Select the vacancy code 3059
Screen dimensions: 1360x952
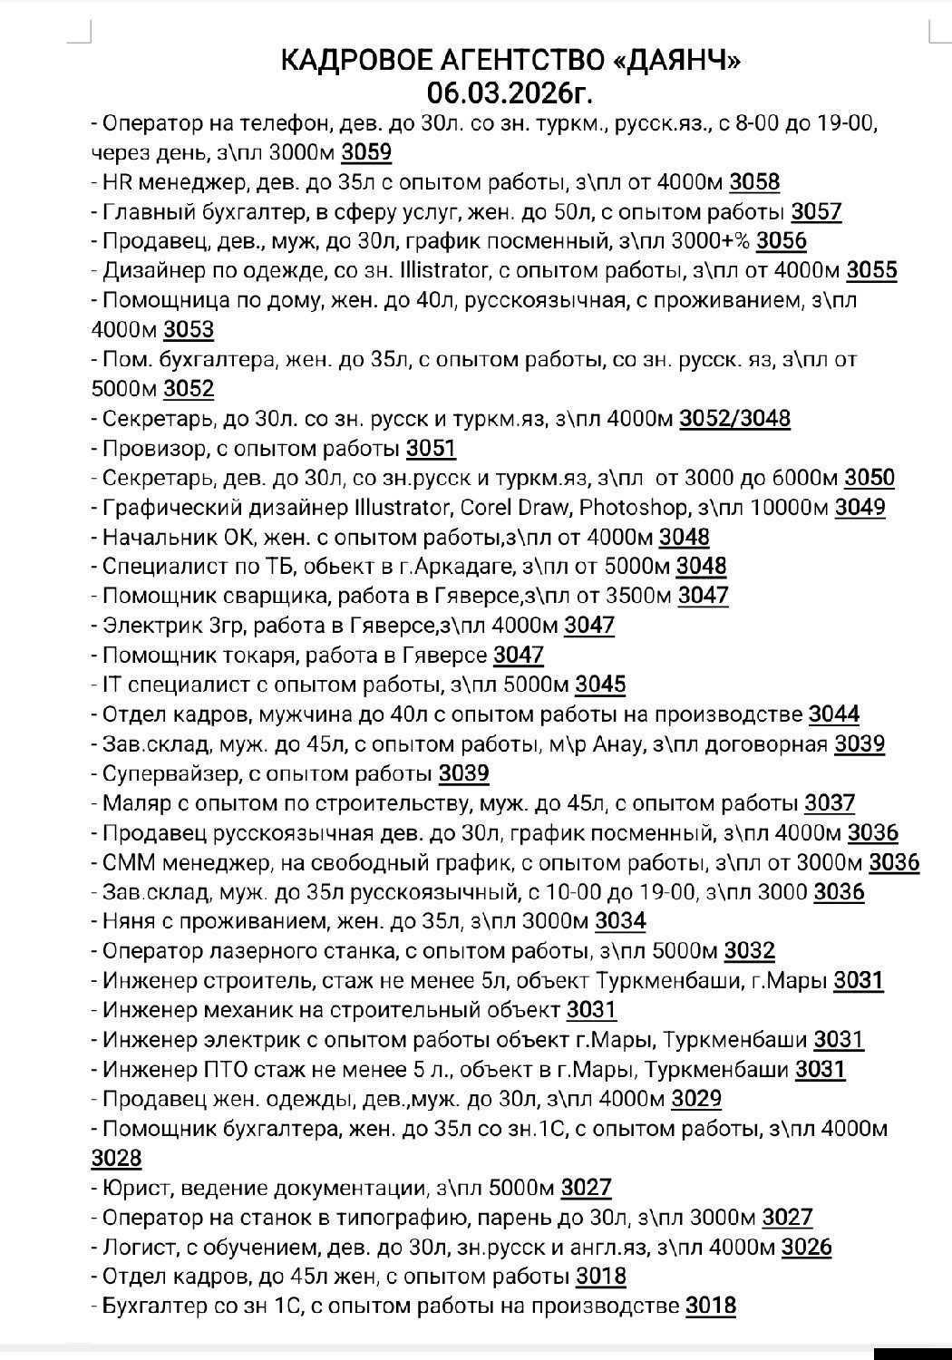tap(367, 152)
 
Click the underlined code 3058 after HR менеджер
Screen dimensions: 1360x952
tap(754, 182)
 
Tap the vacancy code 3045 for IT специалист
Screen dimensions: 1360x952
tap(600, 685)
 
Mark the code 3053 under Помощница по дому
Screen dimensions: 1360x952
tap(189, 329)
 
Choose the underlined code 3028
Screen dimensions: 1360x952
tap(117, 1159)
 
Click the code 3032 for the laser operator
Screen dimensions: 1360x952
tap(750, 951)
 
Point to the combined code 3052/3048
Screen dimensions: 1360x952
tap(734, 419)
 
